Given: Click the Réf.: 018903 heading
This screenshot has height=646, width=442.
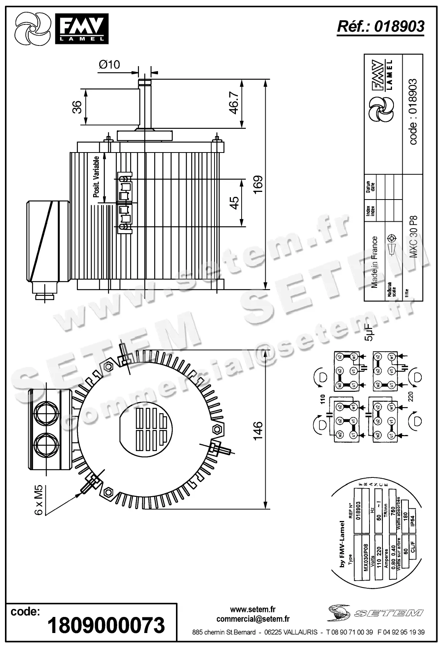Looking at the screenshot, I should pyautogui.click(x=381, y=26).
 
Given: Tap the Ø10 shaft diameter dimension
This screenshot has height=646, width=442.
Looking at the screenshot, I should pyautogui.click(x=109, y=64).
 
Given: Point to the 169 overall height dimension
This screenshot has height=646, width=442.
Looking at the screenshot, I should pyautogui.click(x=258, y=185).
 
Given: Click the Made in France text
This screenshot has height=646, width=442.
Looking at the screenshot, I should pyautogui.click(x=374, y=262).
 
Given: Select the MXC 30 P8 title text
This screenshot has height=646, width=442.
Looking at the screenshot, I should pyautogui.click(x=413, y=237).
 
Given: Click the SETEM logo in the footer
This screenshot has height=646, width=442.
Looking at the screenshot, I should pyautogui.click(x=376, y=613).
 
